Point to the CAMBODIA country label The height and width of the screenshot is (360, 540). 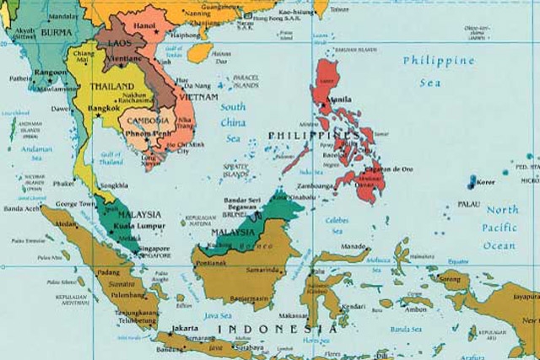(x=150, y=121)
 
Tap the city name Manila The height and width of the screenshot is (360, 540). (x=340, y=99)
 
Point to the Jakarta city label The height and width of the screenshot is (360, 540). (x=185, y=327)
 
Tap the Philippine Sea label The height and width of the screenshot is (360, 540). (x=439, y=72)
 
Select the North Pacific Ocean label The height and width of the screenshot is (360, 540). (x=500, y=228)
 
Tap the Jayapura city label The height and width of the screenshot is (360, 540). (x=523, y=297)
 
